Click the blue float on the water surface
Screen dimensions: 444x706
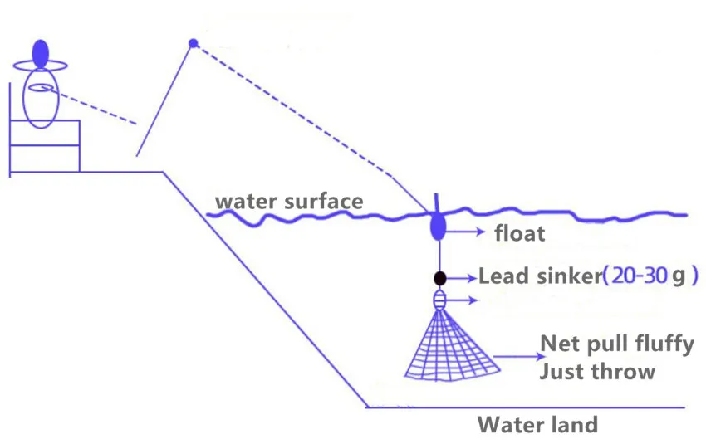tap(437, 226)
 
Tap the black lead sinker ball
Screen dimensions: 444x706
tap(439, 278)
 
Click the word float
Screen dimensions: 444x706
tap(519, 234)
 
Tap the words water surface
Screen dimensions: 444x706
tap(289, 202)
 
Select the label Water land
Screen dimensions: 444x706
tap(537, 425)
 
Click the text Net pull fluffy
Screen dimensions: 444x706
tap(616, 344)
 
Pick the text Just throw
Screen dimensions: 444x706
tap(597, 371)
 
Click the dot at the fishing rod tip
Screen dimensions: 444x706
tap(193, 42)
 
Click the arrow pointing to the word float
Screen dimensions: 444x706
tap(468, 233)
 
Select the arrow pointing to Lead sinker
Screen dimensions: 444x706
tap(463, 277)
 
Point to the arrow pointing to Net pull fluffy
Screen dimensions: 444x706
tap(515, 356)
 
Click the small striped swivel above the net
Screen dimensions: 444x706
tap(439, 300)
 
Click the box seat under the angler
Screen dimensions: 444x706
tap(45, 145)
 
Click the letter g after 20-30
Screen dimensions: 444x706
tap(682, 276)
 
